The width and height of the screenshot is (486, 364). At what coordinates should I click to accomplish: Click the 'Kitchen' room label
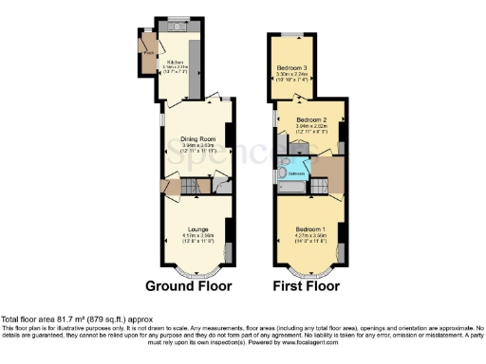tap(176, 63)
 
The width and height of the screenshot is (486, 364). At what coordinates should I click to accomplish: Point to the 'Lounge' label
tap(197, 229)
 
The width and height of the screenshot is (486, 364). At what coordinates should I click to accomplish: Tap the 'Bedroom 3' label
tap(292, 68)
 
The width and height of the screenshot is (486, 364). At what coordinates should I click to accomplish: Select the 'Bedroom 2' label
tap(312, 118)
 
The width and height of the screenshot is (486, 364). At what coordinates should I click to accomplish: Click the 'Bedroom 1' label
tap(311, 229)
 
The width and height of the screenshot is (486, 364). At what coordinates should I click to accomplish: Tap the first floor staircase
tap(327, 177)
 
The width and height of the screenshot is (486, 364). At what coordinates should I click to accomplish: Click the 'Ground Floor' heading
tap(188, 284)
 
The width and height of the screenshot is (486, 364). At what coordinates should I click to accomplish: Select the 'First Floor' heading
tap(306, 284)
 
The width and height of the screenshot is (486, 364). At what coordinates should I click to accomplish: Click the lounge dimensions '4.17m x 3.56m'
tap(197, 236)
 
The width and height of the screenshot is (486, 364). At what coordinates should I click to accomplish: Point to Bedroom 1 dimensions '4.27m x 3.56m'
tap(311, 236)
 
